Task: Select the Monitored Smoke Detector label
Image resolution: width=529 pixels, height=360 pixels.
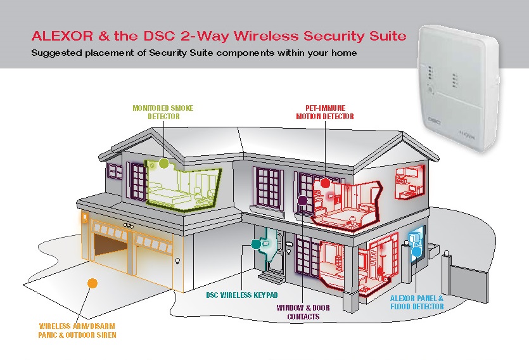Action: pyautogui.click(x=163, y=112)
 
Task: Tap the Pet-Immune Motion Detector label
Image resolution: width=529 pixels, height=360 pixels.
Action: pyautogui.click(x=325, y=112)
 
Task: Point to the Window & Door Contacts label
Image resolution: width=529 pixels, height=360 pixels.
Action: pyautogui.click(x=303, y=312)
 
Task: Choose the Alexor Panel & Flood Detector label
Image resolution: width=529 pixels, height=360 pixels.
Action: pyautogui.click(x=417, y=302)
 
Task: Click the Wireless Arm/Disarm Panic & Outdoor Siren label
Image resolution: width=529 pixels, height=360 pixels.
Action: pyautogui.click(x=77, y=330)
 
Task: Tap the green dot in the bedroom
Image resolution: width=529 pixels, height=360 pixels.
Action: pyautogui.click(x=164, y=164)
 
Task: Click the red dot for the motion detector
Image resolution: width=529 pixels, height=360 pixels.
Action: pyautogui.click(x=325, y=183)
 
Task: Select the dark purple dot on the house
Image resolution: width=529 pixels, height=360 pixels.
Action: pyautogui.click(x=303, y=201)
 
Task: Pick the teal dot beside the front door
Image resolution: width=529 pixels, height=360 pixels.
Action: pyautogui.click(x=256, y=243)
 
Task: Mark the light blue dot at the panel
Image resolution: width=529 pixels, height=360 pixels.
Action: pyautogui.click(x=416, y=252)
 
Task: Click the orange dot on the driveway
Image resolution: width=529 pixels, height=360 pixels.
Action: pyautogui.click(x=92, y=283)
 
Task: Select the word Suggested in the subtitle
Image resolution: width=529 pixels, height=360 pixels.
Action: pyautogui.click(x=56, y=53)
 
